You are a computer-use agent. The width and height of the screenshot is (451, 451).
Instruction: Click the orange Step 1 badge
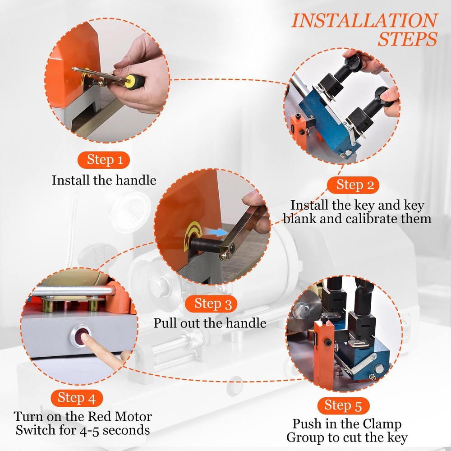104,160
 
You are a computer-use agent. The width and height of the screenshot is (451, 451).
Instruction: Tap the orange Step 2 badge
353,185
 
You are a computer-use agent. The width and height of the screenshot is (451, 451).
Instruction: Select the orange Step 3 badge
211,304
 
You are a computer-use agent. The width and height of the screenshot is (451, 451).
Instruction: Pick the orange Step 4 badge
77,398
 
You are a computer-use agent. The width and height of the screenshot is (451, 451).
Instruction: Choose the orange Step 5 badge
343,405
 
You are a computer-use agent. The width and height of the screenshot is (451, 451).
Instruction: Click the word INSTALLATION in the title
365,21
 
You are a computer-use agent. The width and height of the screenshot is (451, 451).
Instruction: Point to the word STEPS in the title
408,39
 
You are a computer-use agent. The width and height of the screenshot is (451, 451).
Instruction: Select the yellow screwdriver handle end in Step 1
134,82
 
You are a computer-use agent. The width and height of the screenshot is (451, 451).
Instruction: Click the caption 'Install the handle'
104,180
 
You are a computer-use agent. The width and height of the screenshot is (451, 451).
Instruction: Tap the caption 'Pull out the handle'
210,323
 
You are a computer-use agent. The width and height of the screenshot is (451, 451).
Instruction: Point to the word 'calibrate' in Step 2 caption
371,219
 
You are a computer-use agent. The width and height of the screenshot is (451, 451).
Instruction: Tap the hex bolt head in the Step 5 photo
301,310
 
